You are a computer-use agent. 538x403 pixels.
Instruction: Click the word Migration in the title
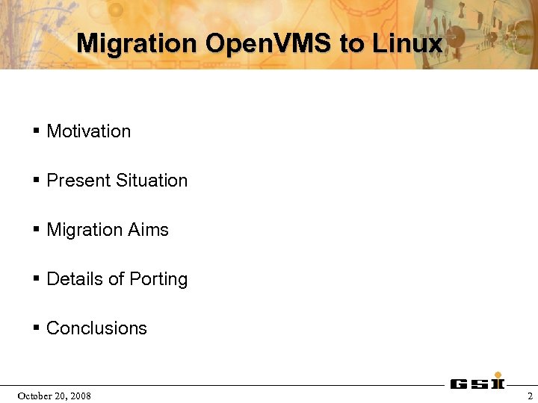[137, 43]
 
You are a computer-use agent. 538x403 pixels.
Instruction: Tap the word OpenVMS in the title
[268, 43]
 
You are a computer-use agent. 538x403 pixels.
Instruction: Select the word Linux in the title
[407, 43]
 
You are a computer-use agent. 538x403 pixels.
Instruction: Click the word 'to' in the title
[352, 43]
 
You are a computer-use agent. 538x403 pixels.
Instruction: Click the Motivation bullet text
[88, 131]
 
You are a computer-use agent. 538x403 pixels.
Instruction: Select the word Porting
[158, 280]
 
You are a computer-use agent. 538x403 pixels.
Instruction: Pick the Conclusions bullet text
[96, 328]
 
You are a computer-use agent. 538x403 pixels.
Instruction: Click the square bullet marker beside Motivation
[36, 131]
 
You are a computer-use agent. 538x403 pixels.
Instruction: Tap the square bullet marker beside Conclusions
[36, 328]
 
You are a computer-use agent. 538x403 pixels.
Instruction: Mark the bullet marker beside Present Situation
[36, 181]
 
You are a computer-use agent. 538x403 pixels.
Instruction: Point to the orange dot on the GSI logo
[498, 375]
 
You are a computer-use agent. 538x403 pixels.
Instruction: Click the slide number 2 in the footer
[530, 396]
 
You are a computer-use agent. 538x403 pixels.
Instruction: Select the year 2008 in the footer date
[80, 396]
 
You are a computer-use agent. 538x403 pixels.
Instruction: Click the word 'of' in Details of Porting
[116, 279]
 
